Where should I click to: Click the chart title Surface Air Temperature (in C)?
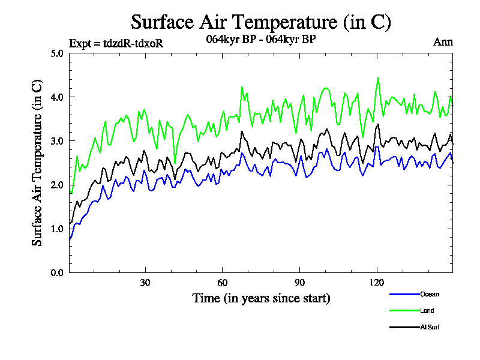click(261, 22)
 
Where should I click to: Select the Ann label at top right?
click(443, 42)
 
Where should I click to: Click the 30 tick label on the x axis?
click(145, 283)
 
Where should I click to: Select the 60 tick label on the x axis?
click(222, 283)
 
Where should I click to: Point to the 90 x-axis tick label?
click(299, 283)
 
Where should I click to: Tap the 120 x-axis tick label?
click(377, 283)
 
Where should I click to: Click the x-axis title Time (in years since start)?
click(261, 298)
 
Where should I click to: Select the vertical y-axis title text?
click(37, 162)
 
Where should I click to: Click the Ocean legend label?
click(430, 294)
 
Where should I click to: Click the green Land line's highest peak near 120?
click(378, 77)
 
